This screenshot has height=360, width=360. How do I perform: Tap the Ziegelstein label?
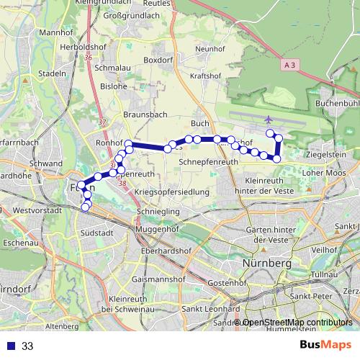click(325, 154)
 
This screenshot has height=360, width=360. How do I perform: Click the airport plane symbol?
click(269, 120)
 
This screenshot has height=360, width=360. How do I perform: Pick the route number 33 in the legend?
click(27, 346)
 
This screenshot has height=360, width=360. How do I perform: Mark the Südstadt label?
click(98, 233)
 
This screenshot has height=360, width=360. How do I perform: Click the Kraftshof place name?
click(204, 76)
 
